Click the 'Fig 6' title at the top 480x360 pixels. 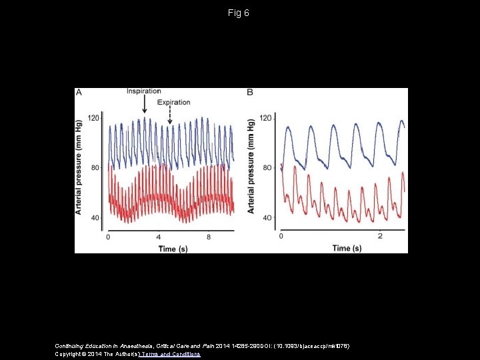239,13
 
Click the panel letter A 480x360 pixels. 79,93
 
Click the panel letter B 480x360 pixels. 249,93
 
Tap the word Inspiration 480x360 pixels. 144,91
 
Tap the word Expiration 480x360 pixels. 174,103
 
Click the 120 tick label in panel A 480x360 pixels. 93,118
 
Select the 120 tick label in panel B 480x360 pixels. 265,118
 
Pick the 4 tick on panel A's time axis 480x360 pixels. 158,237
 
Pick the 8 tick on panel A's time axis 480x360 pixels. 209,237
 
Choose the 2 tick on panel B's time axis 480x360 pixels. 379,237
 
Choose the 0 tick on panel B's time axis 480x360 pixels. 281,237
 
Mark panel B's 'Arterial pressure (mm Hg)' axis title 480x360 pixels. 251,167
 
